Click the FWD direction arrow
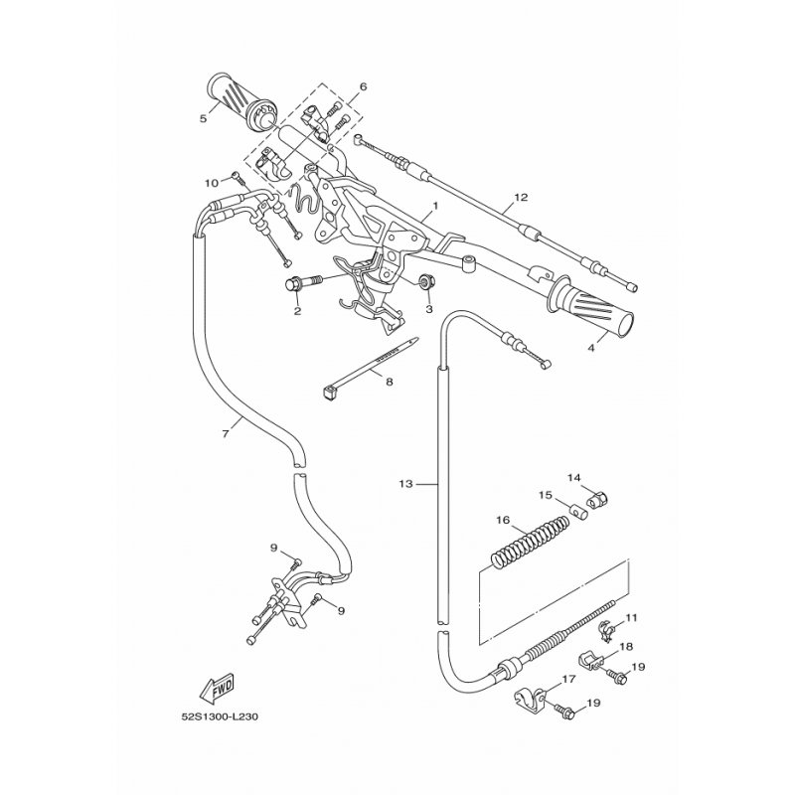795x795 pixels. click(x=218, y=687)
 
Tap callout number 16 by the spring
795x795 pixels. click(x=502, y=520)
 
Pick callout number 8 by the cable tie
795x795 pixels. click(x=389, y=382)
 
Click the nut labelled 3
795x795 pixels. click(x=426, y=281)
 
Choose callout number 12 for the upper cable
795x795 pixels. click(x=521, y=197)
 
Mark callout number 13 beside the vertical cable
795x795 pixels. click(x=406, y=484)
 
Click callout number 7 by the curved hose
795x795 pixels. click(x=226, y=433)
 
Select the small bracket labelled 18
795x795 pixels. click(x=590, y=661)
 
